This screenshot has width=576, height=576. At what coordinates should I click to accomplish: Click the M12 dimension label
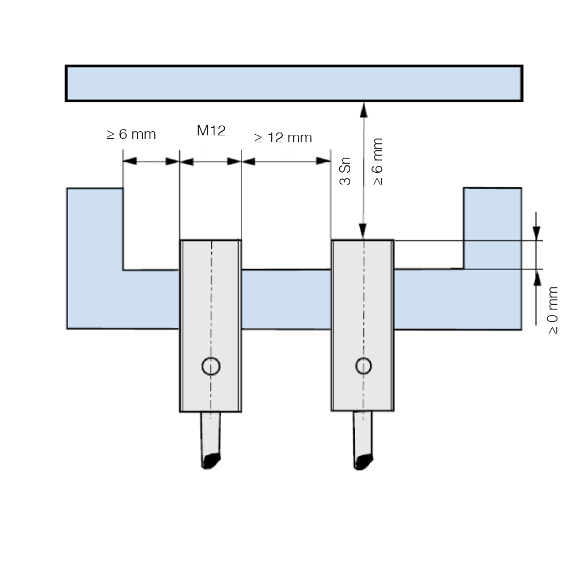[x=211, y=130]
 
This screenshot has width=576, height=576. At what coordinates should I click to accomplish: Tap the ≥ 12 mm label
[x=283, y=138]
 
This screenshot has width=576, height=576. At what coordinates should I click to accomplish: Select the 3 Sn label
[x=345, y=171]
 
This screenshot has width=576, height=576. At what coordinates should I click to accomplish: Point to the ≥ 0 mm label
[x=553, y=310]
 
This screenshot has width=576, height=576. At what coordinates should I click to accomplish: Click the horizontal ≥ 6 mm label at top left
[x=131, y=134]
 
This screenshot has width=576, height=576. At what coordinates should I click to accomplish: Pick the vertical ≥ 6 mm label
[x=378, y=162]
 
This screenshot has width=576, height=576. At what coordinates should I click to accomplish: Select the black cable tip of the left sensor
[x=211, y=461]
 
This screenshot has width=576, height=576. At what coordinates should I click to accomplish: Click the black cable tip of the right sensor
[x=363, y=462]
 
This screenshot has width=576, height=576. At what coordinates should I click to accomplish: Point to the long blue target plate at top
[x=294, y=84]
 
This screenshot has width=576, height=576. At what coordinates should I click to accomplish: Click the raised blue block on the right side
[x=492, y=228]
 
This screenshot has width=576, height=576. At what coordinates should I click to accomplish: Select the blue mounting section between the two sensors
[x=286, y=299]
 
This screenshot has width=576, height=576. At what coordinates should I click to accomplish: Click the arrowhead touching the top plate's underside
[x=363, y=109]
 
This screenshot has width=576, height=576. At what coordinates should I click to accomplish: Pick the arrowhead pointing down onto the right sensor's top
[x=363, y=232]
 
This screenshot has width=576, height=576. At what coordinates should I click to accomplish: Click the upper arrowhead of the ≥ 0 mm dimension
[x=537, y=233]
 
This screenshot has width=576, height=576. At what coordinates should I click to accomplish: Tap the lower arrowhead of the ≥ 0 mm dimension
[x=537, y=278]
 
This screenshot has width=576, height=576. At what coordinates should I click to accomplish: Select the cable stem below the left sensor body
[x=211, y=434]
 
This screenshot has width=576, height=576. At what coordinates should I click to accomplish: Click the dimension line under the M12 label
[x=210, y=162]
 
